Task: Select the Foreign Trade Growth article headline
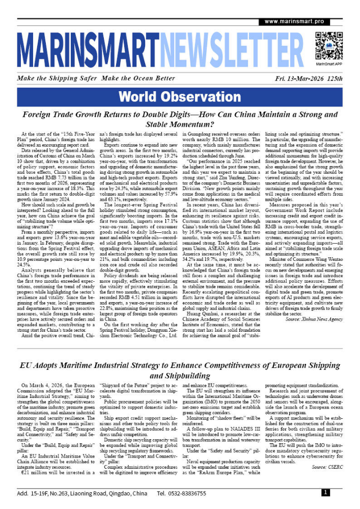coord(180,118)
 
